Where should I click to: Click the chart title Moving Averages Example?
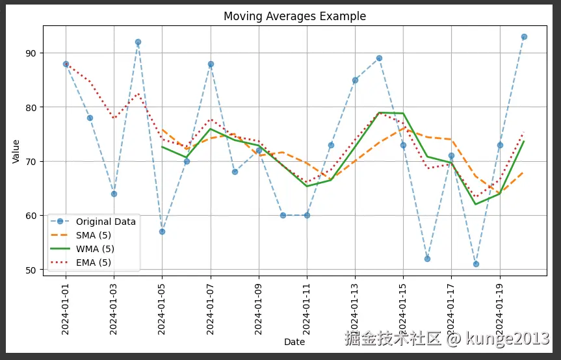click(x=294, y=16)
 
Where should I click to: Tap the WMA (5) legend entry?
click(x=95, y=249)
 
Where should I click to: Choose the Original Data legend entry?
click(x=106, y=222)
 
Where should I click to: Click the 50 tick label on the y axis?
click(x=32, y=270)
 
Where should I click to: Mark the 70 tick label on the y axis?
click(x=32, y=161)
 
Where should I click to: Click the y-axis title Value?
click(x=16, y=151)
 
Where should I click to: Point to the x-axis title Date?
click(x=294, y=342)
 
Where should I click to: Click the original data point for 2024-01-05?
click(x=162, y=231)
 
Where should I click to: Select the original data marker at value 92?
click(x=138, y=42)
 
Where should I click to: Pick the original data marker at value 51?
click(x=476, y=264)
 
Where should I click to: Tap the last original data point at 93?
click(x=524, y=36)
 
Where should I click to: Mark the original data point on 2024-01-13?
click(x=355, y=80)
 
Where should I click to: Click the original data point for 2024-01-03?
click(x=114, y=194)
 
